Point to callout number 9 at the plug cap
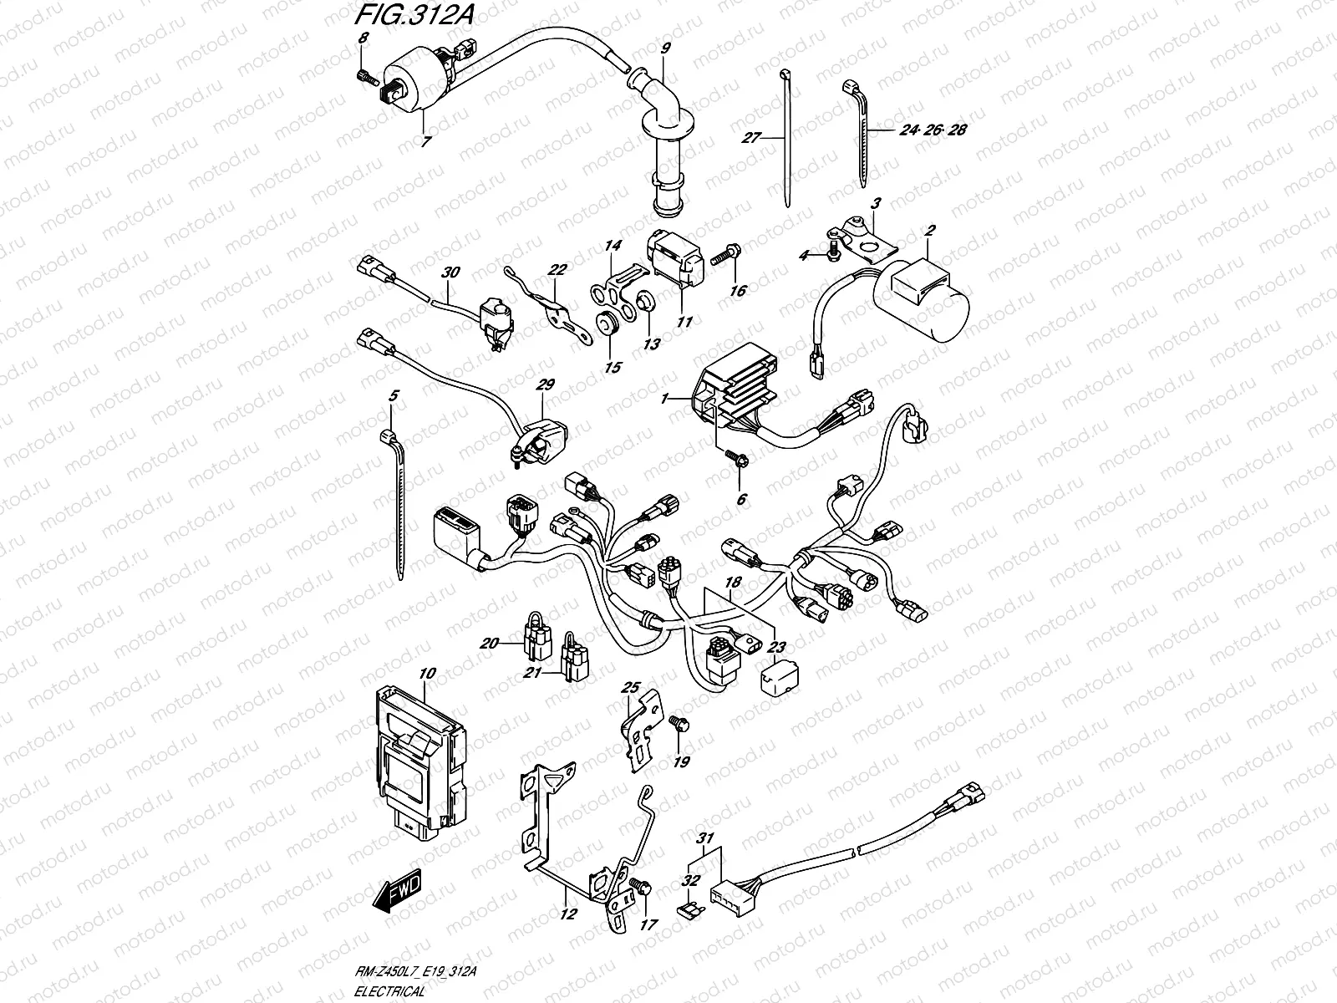point(665,49)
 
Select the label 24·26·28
point(933,130)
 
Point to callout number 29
point(545,385)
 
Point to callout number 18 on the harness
point(733,580)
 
